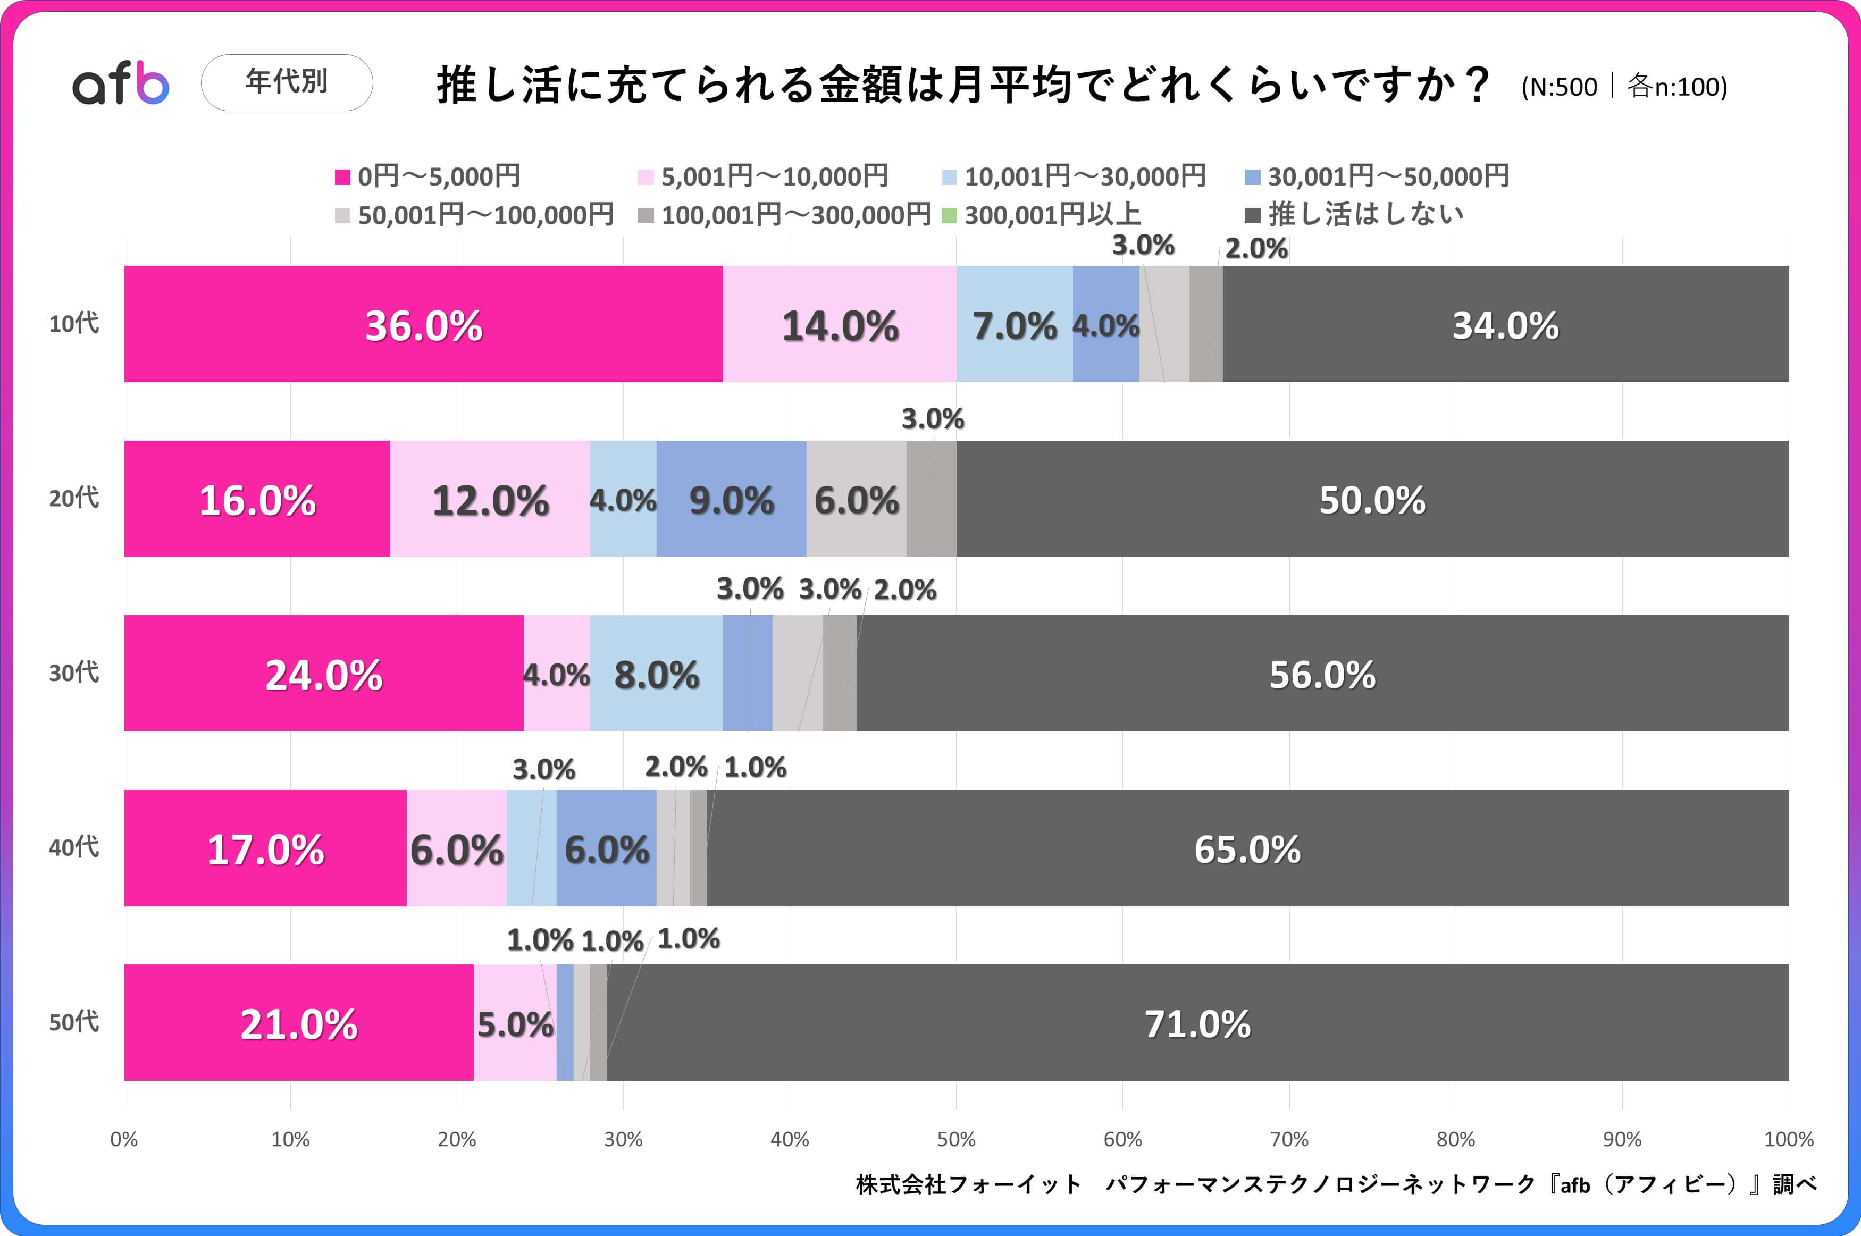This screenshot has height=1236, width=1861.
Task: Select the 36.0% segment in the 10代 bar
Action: [423, 324]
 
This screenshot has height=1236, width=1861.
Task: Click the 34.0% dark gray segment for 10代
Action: [1505, 324]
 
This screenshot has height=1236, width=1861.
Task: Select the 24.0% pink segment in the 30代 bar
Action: [323, 674]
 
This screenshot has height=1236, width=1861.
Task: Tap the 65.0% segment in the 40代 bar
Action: [1247, 848]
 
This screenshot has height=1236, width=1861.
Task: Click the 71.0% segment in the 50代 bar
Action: [1197, 1023]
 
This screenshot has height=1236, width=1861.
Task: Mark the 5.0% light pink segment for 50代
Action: [515, 1023]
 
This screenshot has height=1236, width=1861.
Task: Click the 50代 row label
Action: [74, 1022]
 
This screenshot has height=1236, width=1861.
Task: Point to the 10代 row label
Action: [74, 323]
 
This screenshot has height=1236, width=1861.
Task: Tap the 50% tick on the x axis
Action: [956, 1139]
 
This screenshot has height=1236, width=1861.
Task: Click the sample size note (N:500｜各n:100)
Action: [1624, 86]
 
